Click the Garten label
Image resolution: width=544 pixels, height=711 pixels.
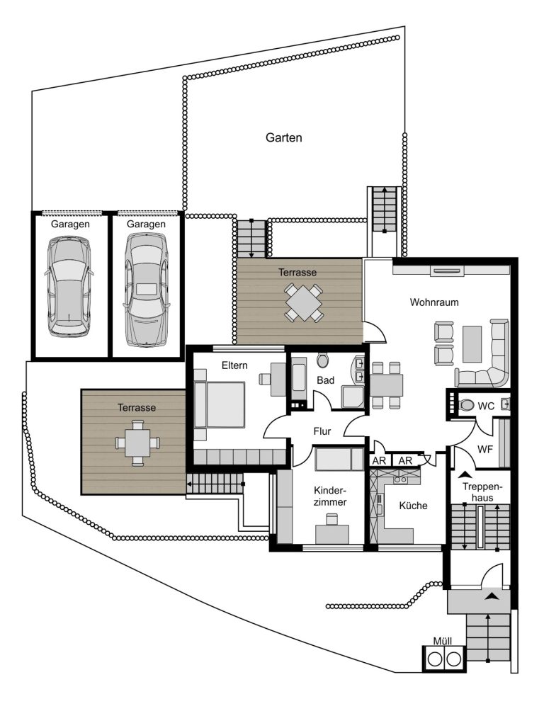pyautogui.click(x=283, y=137)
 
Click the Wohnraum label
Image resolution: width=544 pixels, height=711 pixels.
pyautogui.click(x=434, y=302)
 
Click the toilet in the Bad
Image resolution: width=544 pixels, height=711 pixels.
pyautogui.click(x=322, y=361)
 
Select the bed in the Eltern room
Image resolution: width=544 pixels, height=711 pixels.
pyautogui.click(x=220, y=404)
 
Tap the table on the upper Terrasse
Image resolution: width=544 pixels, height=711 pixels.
pyautogui.click(x=304, y=302)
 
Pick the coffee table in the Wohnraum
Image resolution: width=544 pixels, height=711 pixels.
pyautogui.click(x=472, y=344)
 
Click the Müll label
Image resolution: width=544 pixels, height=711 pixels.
pyautogui.click(x=443, y=641)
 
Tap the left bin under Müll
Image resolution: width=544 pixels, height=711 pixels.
pyautogui.click(x=434, y=659)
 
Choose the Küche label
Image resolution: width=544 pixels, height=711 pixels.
pyautogui.click(x=414, y=505)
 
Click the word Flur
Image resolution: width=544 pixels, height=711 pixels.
pyautogui.click(x=322, y=431)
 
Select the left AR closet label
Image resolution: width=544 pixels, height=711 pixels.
pyautogui.click(x=379, y=461)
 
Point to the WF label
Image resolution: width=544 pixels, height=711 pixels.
pyautogui.click(x=485, y=450)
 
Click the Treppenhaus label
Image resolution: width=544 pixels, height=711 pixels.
pyautogui.click(x=483, y=492)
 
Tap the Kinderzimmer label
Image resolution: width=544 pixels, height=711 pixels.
pyautogui.click(x=330, y=496)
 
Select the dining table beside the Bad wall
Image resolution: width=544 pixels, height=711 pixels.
pyautogui.click(x=387, y=385)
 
